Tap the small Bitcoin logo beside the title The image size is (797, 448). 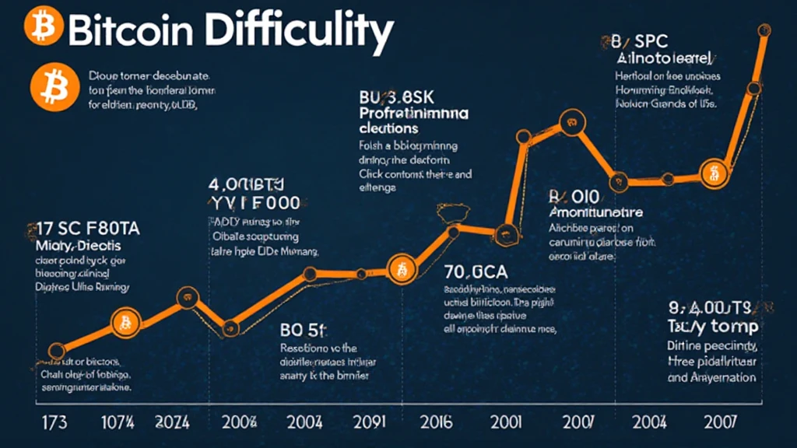coord(39,28)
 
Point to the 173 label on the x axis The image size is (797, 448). coord(53,423)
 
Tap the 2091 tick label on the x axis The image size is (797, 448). coord(368,423)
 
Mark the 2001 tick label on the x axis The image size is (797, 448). coord(507,423)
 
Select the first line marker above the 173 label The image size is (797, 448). coord(56,352)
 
